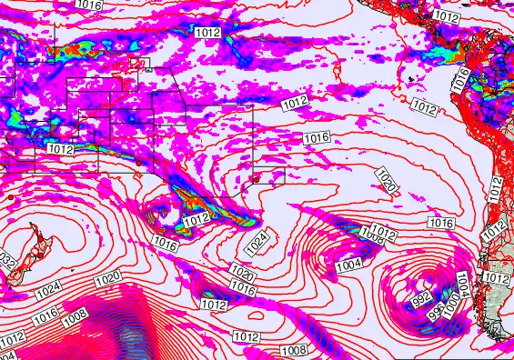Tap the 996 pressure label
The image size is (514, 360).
pos(438,309)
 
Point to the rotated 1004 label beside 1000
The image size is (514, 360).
pos(462,283)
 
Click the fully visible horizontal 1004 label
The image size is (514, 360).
pos(348,263)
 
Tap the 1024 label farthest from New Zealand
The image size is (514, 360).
pos(257,241)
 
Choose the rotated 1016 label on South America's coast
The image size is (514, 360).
pos(461,79)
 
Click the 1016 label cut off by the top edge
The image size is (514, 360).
pos(88,5)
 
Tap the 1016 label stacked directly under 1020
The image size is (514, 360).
pos(242,286)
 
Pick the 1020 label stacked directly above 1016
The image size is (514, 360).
pos(241,272)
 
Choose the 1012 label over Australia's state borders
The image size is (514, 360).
pos(60,149)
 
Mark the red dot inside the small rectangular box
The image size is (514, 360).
pos(257,179)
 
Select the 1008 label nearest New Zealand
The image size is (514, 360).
pos(75,314)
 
